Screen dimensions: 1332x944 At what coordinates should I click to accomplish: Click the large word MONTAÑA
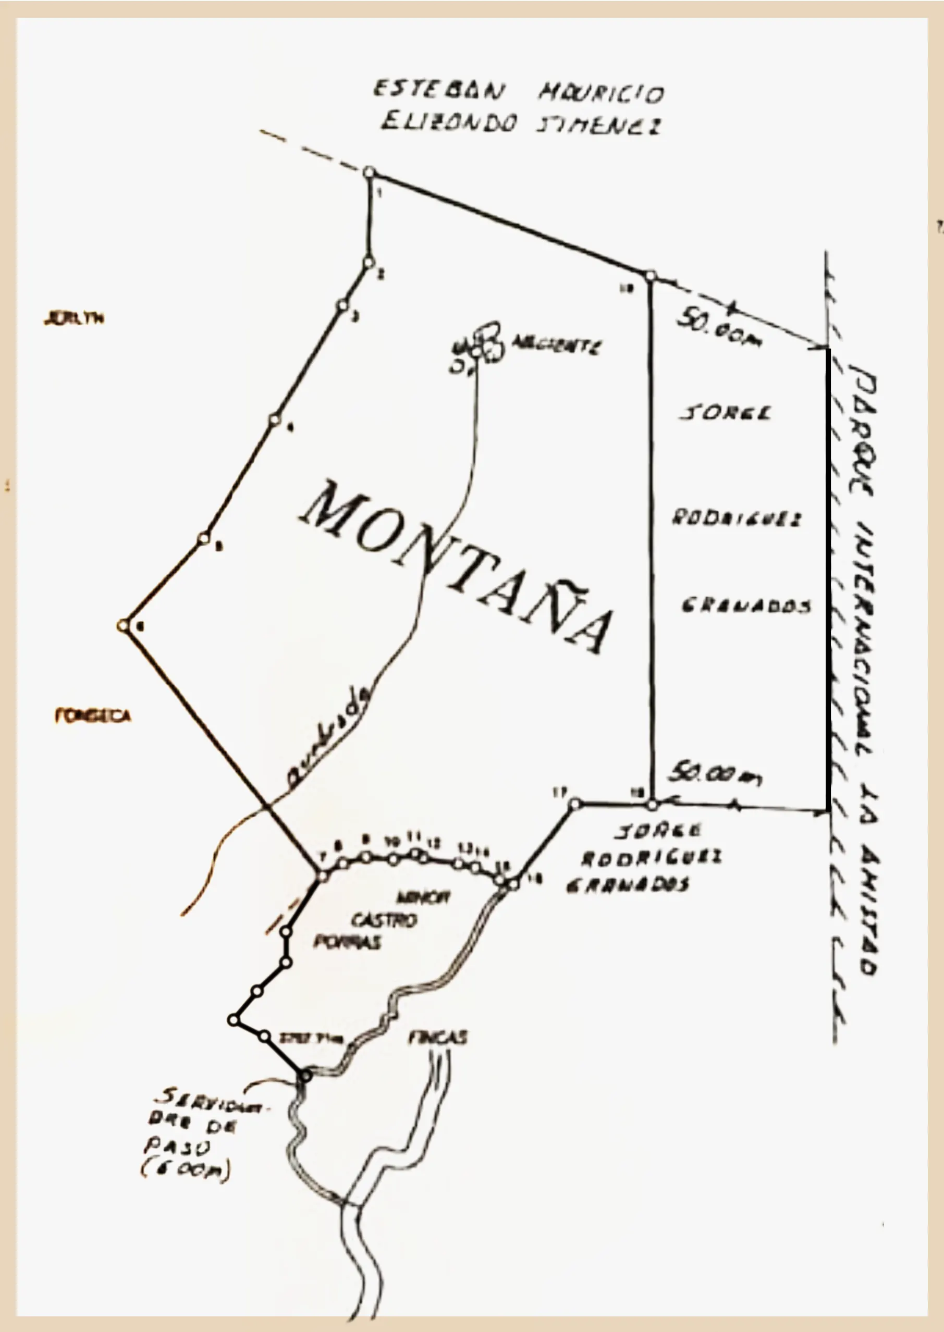456,566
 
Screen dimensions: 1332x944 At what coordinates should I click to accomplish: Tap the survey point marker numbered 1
369,172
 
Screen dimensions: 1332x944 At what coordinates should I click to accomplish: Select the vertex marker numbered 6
122,626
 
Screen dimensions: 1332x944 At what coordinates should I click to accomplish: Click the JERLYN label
74,318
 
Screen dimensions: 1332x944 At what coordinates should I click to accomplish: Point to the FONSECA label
92,716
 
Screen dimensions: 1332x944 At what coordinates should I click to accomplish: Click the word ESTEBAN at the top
439,90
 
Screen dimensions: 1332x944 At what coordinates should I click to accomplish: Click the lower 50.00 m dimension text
715,773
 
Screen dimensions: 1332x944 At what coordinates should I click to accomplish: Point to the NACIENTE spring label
555,347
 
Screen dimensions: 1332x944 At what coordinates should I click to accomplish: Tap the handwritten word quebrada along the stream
329,737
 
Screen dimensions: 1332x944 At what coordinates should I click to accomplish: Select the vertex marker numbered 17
574,804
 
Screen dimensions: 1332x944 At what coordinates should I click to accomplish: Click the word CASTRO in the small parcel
384,920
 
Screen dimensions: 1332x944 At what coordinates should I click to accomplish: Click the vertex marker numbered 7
323,876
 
